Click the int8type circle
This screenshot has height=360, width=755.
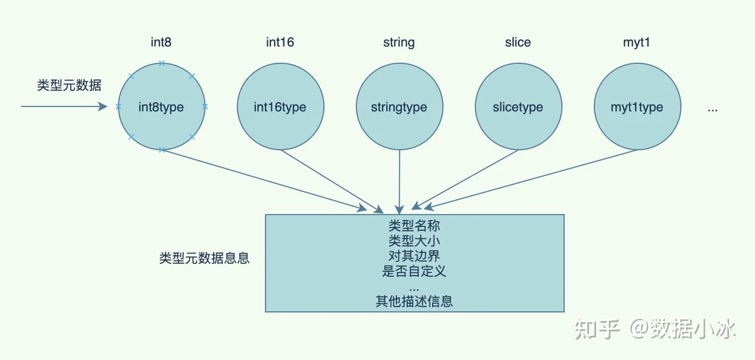(162, 106)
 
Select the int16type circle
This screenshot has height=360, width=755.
(281, 106)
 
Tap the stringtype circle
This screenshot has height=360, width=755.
(400, 106)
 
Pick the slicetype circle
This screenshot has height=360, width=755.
(518, 106)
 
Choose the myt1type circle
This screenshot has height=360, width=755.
(637, 106)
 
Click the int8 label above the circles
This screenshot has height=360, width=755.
(161, 42)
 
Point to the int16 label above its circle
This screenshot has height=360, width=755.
(280, 42)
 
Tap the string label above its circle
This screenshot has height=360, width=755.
(399, 43)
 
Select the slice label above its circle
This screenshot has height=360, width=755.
(518, 42)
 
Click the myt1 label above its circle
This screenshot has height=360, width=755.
(636, 43)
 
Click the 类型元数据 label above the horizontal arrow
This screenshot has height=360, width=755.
(69, 85)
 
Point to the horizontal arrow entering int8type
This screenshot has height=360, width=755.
(64, 106)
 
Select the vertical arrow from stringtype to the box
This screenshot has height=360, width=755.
(400, 182)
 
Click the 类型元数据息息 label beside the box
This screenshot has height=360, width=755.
(204, 258)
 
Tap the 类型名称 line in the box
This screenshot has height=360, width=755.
(414, 225)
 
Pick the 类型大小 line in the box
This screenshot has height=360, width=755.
(414, 240)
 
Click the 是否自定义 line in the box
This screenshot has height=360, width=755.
(414, 271)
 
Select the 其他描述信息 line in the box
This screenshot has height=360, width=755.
(414, 301)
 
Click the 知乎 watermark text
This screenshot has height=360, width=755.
(597, 329)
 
